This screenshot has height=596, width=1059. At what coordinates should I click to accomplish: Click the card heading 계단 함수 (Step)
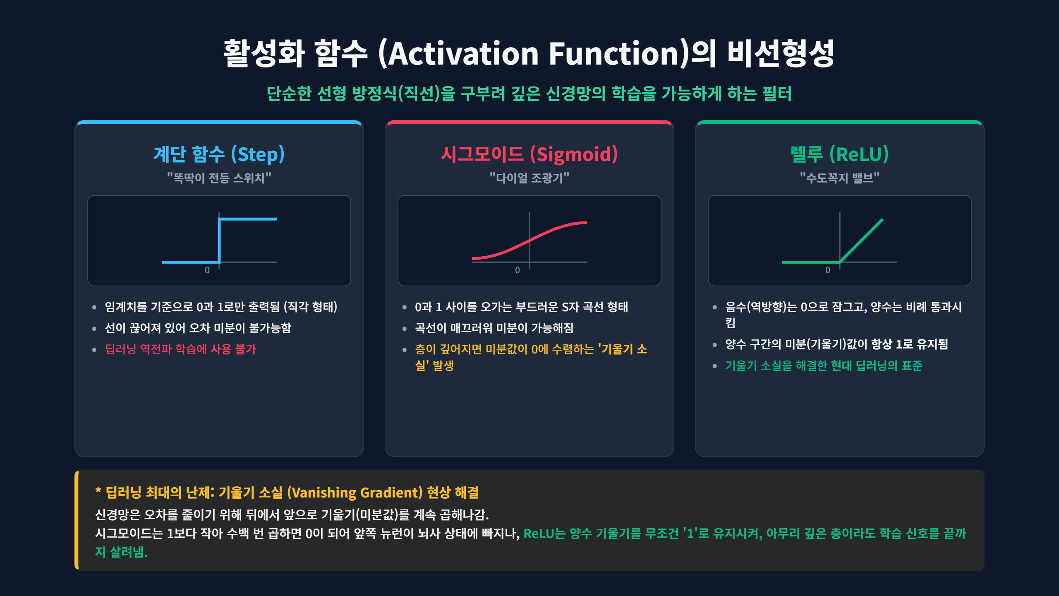[x=219, y=154]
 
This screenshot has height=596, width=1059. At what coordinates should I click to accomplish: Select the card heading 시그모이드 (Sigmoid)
[x=529, y=154]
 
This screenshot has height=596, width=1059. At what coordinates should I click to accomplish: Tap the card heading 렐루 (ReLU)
[x=839, y=154]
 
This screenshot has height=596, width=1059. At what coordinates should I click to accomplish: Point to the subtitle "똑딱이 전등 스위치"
[x=219, y=178]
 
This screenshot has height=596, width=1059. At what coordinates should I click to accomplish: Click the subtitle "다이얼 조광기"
[x=529, y=178]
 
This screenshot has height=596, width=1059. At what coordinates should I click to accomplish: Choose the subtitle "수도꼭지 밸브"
[x=839, y=178]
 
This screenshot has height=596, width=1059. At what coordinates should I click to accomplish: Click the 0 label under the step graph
[x=207, y=270]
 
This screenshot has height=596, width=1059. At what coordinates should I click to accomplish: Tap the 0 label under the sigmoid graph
[x=518, y=270]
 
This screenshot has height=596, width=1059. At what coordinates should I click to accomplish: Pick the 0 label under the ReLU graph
[x=828, y=270]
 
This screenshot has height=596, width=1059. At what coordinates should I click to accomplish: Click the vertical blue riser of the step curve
[x=219, y=240]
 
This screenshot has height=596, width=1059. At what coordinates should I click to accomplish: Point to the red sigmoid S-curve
[x=529, y=240]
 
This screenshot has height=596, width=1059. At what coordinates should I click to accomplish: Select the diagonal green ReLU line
[x=861, y=240]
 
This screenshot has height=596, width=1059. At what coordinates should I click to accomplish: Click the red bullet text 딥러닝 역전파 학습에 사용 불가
[x=180, y=349]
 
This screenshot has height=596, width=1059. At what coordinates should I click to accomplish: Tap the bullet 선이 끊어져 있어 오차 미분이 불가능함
[x=198, y=328]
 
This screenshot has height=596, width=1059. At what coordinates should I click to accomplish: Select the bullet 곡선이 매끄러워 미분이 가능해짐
[x=494, y=328]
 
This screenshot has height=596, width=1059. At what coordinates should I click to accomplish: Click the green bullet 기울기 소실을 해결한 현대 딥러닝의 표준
[x=824, y=365]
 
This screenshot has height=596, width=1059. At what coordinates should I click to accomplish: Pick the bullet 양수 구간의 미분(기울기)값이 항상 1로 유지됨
[x=836, y=344]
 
